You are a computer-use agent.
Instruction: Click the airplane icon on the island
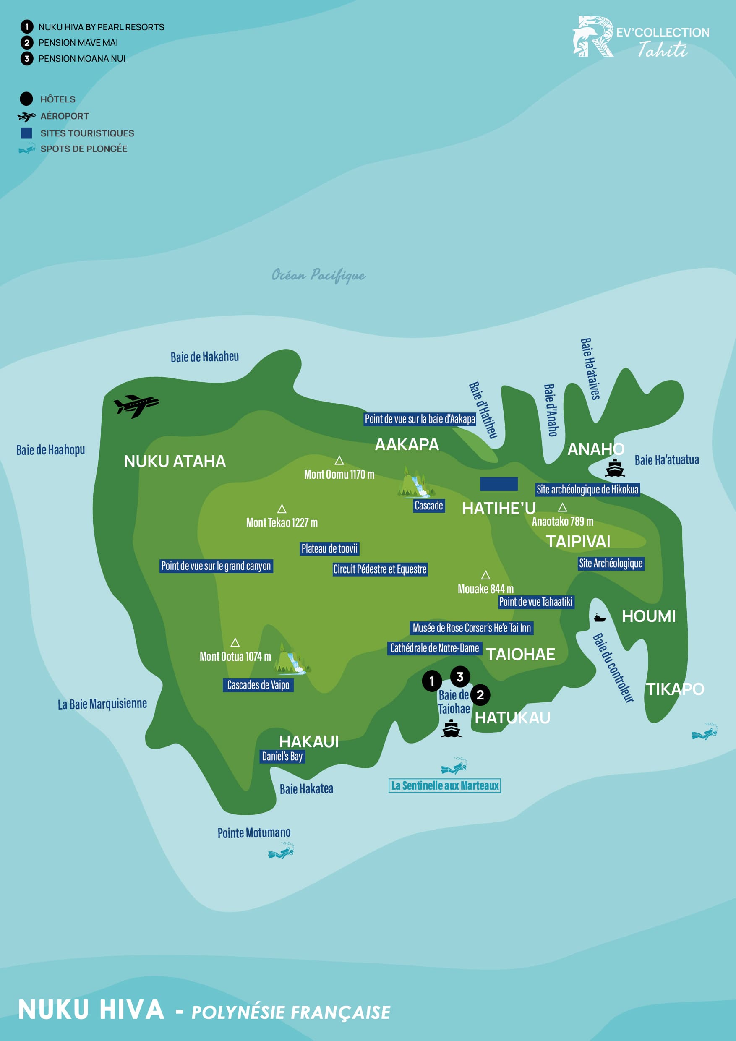click(x=136, y=405)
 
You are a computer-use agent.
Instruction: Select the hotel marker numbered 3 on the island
click(x=460, y=677)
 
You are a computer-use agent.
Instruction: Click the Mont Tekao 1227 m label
click(x=282, y=523)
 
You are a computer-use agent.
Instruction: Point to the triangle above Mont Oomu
click(x=339, y=461)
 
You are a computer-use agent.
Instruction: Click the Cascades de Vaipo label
click(x=258, y=685)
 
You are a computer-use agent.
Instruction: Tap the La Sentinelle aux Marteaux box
click(x=444, y=786)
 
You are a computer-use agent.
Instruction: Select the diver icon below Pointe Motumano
click(x=281, y=851)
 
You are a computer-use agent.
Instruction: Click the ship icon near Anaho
click(x=614, y=468)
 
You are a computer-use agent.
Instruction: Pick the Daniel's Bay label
click(x=282, y=756)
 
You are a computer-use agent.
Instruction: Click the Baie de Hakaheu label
click(x=204, y=357)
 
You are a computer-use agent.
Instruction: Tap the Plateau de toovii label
click(x=329, y=548)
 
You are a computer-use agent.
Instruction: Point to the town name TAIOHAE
click(x=520, y=654)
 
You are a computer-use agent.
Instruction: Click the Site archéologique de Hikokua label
click(x=587, y=489)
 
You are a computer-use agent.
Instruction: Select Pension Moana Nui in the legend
click(x=82, y=58)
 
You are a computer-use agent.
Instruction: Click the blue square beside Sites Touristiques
click(x=26, y=133)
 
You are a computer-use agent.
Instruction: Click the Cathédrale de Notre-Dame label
click(x=434, y=648)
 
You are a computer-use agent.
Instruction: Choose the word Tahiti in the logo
click(x=663, y=50)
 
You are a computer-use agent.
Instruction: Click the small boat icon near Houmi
click(x=600, y=618)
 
